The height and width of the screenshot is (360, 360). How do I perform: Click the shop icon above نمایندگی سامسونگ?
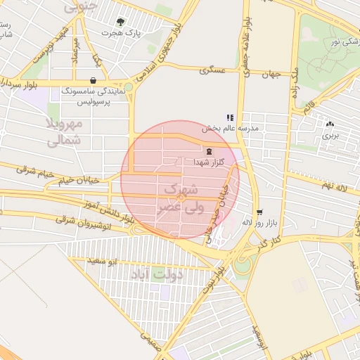pos(94,80)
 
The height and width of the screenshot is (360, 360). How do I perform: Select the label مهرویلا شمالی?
pos(64,131)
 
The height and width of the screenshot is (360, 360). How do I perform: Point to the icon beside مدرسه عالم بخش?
pos(229,117)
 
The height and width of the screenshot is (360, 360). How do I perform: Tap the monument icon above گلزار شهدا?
pos(208,151)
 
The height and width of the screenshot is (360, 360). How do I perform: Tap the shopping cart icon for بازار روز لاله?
pos(259,212)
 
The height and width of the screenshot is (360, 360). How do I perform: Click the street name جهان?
pos(272,74)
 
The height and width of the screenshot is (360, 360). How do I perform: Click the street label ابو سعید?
pos(105,262)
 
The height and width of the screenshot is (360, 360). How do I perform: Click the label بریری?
pos(330,134)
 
